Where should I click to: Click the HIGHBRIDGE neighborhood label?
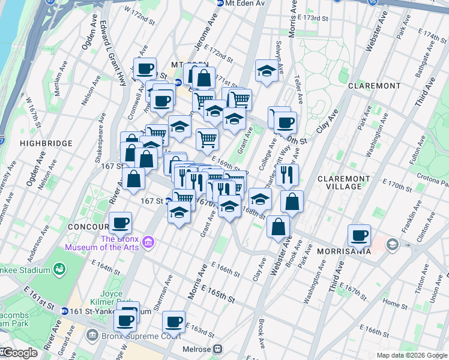pyautogui.click(x=46, y=143)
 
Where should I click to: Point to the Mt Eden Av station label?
pyautogui.click(x=240, y=4)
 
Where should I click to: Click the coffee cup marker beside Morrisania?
pyautogui.click(x=360, y=235)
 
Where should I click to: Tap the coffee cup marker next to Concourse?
pyautogui.click(x=121, y=223)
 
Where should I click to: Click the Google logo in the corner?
pyautogui.click(x=20, y=353)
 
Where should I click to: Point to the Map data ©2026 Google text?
pyautogui.click(x=412, y=355)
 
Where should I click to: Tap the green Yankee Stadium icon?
pyautogui.click(x=59, y=270)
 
